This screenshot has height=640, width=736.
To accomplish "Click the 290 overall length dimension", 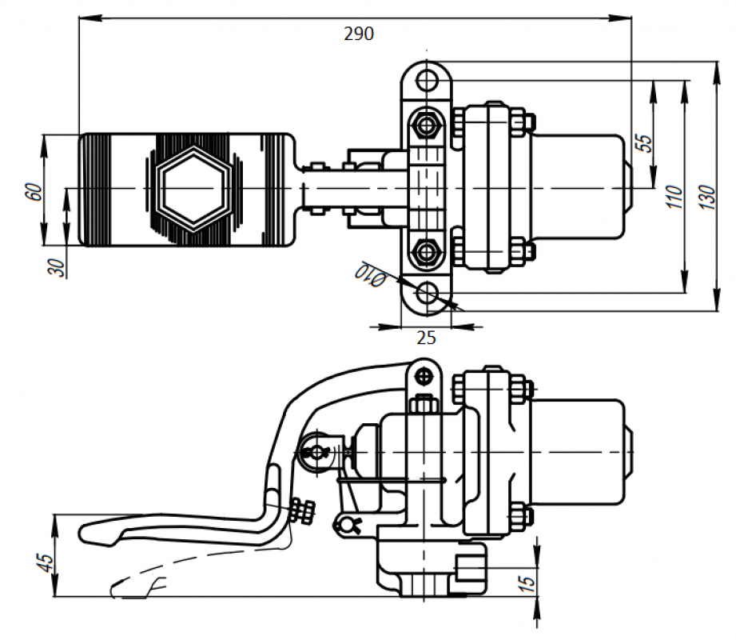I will (359, 34).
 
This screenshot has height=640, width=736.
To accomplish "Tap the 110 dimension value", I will (673, 195).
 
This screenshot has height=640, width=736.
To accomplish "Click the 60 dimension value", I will (33, 192).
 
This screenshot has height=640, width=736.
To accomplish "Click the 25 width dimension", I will (427, 338).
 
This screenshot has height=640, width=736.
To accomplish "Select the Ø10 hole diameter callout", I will (369, 274).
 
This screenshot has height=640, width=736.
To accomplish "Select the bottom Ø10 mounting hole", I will (428, 293).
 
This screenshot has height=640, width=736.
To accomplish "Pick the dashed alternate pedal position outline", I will (184, 572).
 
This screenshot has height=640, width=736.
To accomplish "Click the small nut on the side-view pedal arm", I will (304, 510).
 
